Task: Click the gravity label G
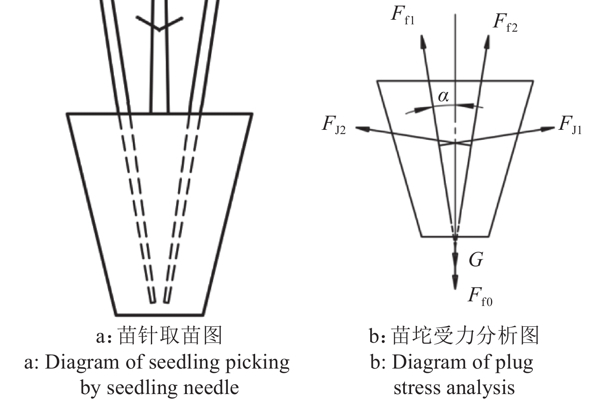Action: [x=476, y=260]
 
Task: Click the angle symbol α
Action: [x=444, y=96]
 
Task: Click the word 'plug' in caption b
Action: [x=515, y=363]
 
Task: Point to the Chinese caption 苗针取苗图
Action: [x=170, y=335]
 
